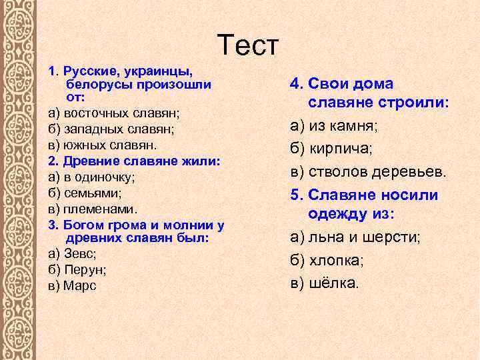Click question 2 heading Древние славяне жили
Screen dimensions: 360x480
134,161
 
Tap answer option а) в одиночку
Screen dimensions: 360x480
92,177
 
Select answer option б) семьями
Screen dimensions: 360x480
85,193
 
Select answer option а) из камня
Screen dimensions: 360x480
333,125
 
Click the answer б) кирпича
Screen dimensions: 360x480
331,148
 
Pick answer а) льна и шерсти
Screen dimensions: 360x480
355,237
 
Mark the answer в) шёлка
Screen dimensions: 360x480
324,283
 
